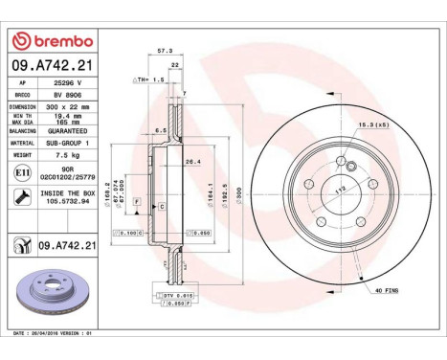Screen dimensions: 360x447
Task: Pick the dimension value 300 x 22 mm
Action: (x=68, y=107)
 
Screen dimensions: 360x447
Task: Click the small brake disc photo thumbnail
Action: (x=53, y=294)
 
